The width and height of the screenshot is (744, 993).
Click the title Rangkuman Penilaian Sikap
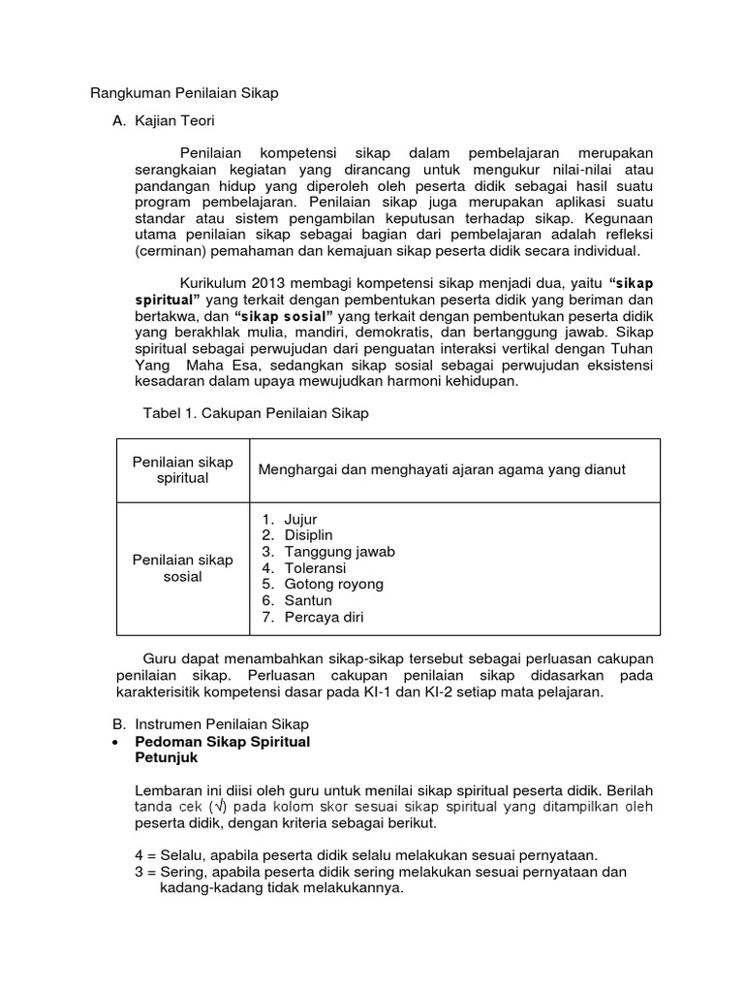(x=184, y=93)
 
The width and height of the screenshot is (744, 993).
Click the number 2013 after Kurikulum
(x=271, y=282)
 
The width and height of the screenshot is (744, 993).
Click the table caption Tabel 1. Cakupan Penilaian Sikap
(x=256, y=413)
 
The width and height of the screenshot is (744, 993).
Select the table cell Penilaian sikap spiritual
(x=183, y=470)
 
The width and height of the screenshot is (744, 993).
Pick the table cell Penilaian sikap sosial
(x=183, y=568)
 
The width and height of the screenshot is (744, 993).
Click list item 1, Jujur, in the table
(x=299, y=520)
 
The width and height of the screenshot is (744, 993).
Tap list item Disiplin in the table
(x=308, y=535)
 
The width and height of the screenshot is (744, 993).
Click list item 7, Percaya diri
(x=324, y=617)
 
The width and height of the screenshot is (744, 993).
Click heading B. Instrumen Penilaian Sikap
(x=210, y=723)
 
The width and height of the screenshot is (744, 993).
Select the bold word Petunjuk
(x=165, y=758)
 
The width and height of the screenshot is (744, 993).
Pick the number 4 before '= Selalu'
(x=139, y=854)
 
